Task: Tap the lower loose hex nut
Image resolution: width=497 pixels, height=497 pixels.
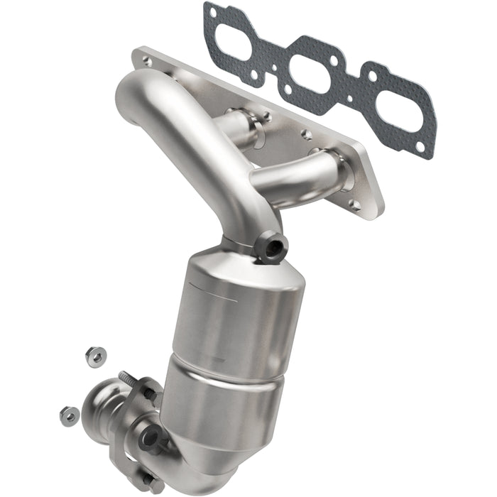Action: (69, 415)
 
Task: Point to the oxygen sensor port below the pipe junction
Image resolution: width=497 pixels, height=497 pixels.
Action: (274, 248)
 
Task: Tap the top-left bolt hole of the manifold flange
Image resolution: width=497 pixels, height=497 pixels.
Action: (147, 62)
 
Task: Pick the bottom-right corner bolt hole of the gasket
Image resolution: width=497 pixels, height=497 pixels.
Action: (420, 147)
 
